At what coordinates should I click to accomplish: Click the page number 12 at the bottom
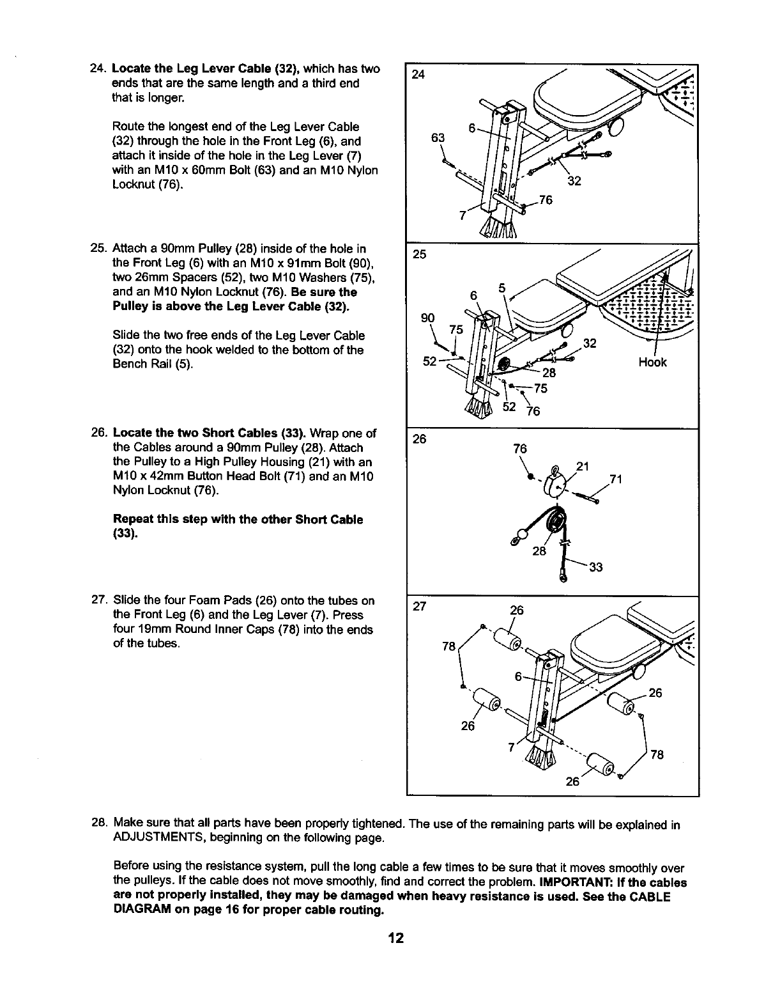pos(396,939)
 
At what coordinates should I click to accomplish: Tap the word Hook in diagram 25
pos(652,362)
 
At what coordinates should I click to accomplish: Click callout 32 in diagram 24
pos(574,181)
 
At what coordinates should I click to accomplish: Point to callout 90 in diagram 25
pos(427,318)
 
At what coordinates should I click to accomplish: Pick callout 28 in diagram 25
pos(549,373)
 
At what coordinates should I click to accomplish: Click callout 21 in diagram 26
pos(582,467)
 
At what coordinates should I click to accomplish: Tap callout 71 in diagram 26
pos(615,479)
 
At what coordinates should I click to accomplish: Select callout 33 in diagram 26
pos(596,567)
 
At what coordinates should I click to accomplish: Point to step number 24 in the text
pos(98,68)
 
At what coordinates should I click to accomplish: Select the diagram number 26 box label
pos(419,439)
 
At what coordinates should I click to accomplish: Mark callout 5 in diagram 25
pos(503,288)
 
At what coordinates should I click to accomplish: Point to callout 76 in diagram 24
pos(545,199)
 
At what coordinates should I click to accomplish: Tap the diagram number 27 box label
pos(419,607)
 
